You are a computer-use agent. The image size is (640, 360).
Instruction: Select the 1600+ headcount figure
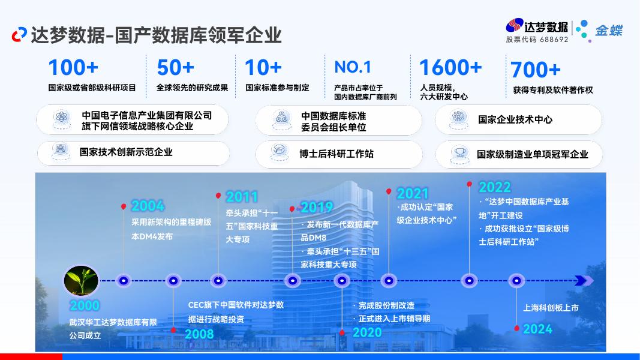450,68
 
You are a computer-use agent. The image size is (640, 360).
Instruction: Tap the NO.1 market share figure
353,67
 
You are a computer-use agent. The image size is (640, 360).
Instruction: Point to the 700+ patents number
536,70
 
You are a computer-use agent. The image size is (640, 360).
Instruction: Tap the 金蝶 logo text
608,29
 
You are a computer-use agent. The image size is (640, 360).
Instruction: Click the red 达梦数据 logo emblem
514,26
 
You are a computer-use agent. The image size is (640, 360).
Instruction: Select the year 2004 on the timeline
148,206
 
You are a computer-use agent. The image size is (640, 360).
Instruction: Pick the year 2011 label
242,196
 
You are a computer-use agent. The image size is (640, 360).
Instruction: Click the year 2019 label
316,208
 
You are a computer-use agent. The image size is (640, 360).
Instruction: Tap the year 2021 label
413,193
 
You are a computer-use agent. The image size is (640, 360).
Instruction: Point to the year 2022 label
494,187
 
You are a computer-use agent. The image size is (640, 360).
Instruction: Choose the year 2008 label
199,334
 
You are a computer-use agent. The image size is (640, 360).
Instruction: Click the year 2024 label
537,329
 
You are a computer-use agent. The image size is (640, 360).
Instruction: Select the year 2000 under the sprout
84,305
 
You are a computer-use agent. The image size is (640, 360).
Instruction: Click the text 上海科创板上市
551,308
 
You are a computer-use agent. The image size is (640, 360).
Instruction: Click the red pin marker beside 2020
342,332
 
